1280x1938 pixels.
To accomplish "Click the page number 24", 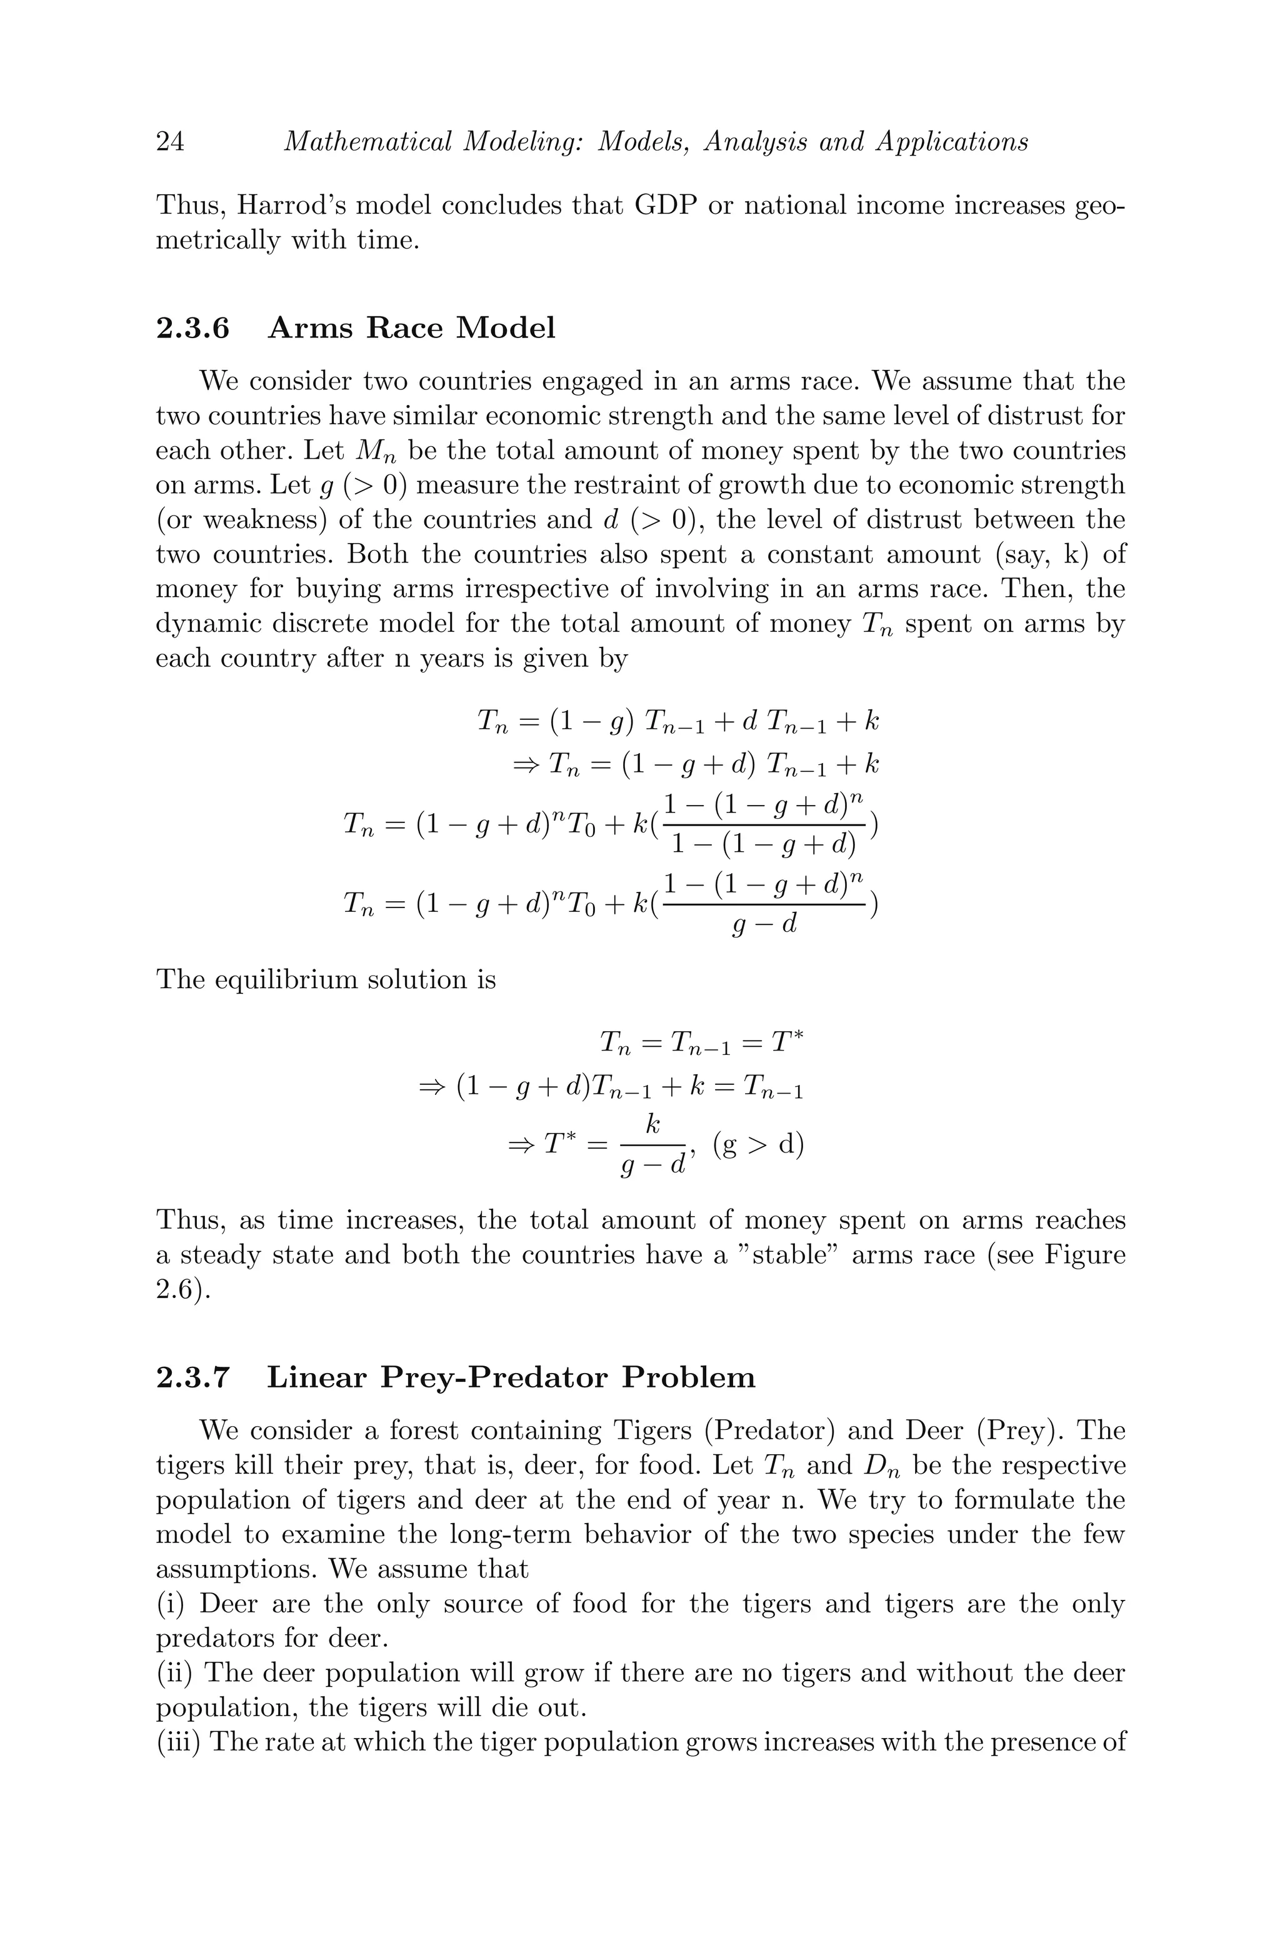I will [170, 142].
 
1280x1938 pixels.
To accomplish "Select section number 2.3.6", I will [192, 328].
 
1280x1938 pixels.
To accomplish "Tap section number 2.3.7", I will [192, 1377].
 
